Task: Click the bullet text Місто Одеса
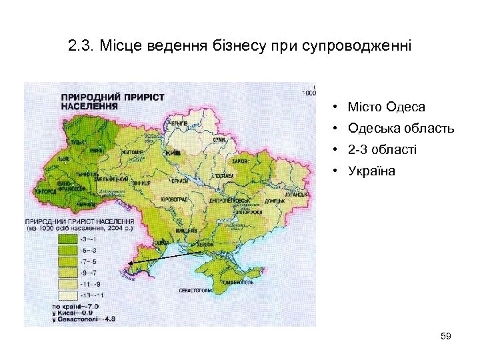pos(386,107)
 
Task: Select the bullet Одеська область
pos(401,128)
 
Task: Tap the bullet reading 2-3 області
pos(382,149)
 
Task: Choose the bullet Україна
pos(371,171)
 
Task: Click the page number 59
pos(446,337)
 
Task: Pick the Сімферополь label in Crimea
pos(236,283)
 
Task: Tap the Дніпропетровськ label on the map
pos(230,199)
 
